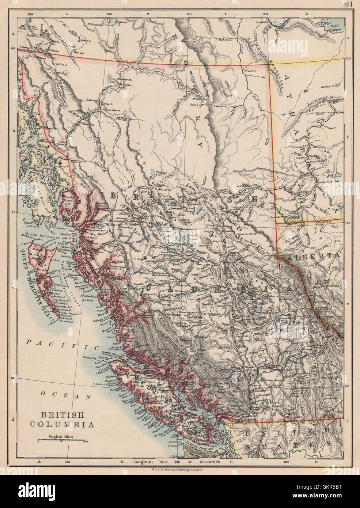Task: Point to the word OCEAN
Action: [x=66, y=395]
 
